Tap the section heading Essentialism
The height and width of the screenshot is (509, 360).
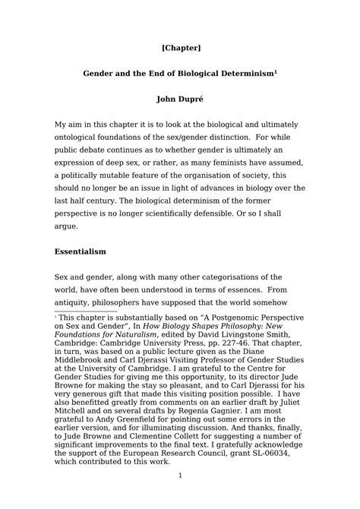[80, 250]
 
